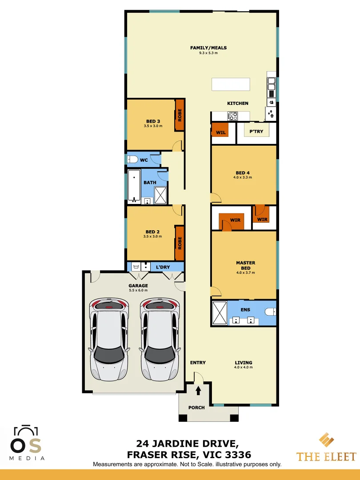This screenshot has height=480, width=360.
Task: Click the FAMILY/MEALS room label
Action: tap(208, 48)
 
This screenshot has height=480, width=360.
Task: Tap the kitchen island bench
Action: tap(231, 84)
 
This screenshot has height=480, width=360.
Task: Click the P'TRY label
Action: tap(256, 132)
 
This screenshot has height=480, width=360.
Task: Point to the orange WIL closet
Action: tap(220, 132)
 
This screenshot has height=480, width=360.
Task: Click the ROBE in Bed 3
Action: tap(180, 115)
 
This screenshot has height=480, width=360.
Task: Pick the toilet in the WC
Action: tap(133, 160)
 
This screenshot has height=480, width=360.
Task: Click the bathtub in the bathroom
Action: tap(134, 186)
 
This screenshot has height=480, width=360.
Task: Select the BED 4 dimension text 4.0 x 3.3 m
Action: tap(242, 177)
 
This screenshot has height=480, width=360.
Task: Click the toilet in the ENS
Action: tap(270, 312)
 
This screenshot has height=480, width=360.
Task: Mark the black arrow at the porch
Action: tap(198, 391)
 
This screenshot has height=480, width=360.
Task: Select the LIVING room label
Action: tap(244, 363)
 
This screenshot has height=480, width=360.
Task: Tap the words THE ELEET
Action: tap(326, 456)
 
